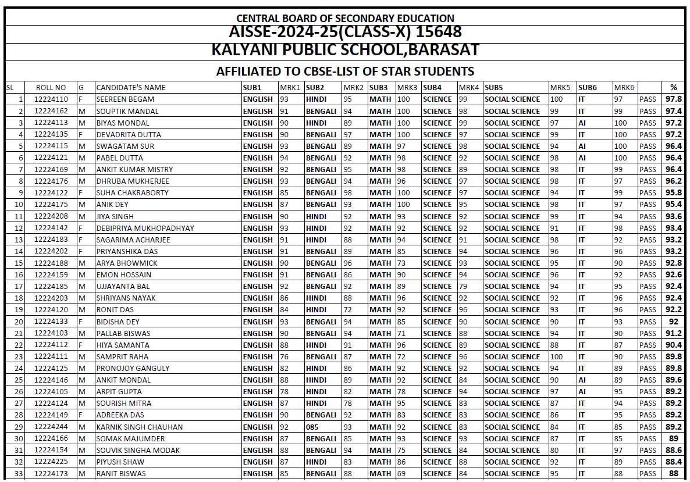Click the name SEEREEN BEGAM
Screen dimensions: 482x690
[x=125, y=99]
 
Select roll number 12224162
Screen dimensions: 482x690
[x=51, y=111]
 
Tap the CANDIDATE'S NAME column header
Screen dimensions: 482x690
[x=131, y=88]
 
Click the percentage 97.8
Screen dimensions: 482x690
[x=674, y=99]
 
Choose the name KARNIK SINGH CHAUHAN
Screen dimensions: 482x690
[x=140, y=427]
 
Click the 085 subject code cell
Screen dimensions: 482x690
[x=312, y=427]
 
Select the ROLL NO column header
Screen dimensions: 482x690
[x=51, y=88]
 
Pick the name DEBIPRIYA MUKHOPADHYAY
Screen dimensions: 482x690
[x=145, y=228]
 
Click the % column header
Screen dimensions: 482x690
[x=674, y=88]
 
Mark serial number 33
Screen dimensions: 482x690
[x=19, y=473]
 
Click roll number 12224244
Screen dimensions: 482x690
[x=51, y=427]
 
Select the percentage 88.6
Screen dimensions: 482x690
[x=674, y=450]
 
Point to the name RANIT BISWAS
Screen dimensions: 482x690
[x=121, y=473]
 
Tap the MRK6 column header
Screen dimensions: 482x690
[x=624, y=88]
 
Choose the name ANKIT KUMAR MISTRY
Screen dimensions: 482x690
[x=134, y=169]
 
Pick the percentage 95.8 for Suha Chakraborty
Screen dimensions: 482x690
[x=674, y=192]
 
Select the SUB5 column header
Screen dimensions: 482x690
[x=494, y=88]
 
